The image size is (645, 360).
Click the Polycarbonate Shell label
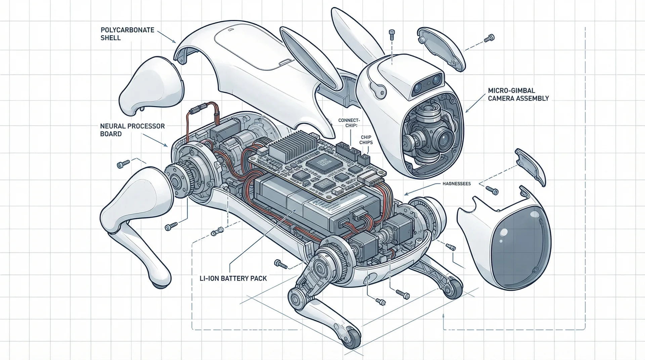click(127, 34)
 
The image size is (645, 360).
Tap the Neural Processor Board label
click(132, 130)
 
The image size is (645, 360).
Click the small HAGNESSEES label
click(456, 184)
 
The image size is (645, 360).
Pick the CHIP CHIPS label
click(366, 140)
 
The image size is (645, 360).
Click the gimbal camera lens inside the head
click(443, 137)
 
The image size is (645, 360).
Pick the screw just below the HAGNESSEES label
click(495, 192)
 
